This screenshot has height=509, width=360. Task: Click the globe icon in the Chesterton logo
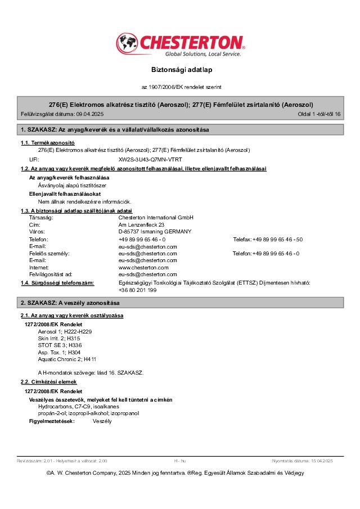127,43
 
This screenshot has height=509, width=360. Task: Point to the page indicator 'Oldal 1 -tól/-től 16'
319,114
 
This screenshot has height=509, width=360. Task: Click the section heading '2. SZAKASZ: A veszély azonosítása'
74,303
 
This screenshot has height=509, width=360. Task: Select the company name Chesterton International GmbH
156,217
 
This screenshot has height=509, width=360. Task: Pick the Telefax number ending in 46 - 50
277,240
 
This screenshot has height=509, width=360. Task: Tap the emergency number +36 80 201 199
138,290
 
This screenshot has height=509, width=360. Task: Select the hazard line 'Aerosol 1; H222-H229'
65,332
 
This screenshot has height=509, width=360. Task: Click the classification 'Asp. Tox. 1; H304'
60,352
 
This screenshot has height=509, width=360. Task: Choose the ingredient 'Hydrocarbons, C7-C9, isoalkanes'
79,406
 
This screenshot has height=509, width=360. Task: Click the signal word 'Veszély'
102,421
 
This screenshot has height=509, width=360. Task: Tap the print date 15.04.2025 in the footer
319,461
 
